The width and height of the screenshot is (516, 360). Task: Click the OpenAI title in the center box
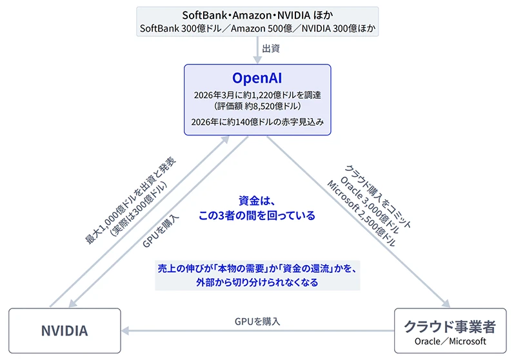point(257,78)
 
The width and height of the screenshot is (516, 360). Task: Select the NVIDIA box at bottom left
point(64,331)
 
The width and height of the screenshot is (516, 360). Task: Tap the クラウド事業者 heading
point(450,326)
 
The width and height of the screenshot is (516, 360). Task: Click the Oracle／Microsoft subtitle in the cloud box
point(450,341)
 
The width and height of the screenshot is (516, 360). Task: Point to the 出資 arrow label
point(271,48)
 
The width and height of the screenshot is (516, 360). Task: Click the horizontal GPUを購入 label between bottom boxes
point(257,321)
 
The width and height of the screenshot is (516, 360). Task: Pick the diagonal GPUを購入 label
point(161,231)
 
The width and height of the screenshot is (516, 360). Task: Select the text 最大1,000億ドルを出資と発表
point(130,201)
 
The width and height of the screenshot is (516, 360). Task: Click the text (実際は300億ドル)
point(139,208)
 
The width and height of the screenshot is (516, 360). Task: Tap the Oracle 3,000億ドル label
point(369,205)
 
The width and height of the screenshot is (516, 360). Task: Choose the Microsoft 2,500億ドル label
point(361,214)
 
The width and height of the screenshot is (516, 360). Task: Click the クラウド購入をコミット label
point(378,197)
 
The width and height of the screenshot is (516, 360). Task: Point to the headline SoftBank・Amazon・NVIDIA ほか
point(257,15)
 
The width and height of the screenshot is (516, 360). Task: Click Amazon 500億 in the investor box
point(261,28)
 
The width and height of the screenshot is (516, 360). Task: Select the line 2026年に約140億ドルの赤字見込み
point(257,122)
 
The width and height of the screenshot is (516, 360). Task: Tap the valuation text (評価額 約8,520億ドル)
point(257,106)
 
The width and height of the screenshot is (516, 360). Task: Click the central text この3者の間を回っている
point(257,215)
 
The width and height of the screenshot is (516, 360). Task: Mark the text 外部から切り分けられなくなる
point(257,283)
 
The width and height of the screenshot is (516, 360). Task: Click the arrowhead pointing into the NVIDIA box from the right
point(125,331)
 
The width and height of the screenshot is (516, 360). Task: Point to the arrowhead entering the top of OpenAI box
point(257,59)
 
